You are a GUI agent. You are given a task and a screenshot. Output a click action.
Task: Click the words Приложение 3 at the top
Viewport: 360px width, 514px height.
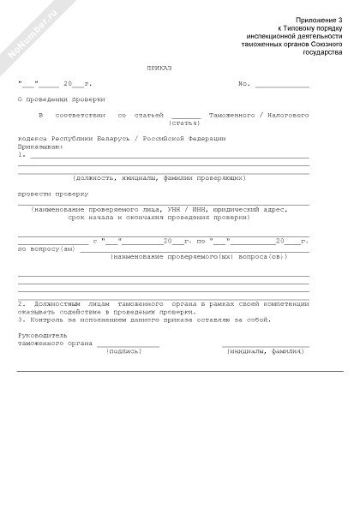click(x=318, y=19)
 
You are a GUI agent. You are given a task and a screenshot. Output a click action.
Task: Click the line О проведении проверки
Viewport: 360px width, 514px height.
click(x=56, y=99)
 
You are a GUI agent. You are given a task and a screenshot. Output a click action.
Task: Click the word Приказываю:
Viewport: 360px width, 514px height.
click(x=40, y=146)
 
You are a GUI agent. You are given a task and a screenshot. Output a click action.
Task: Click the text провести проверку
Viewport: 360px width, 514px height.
click(x=47, y=194)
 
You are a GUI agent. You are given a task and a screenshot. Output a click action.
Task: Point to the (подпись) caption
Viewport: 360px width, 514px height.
click(x=124, y=351)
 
